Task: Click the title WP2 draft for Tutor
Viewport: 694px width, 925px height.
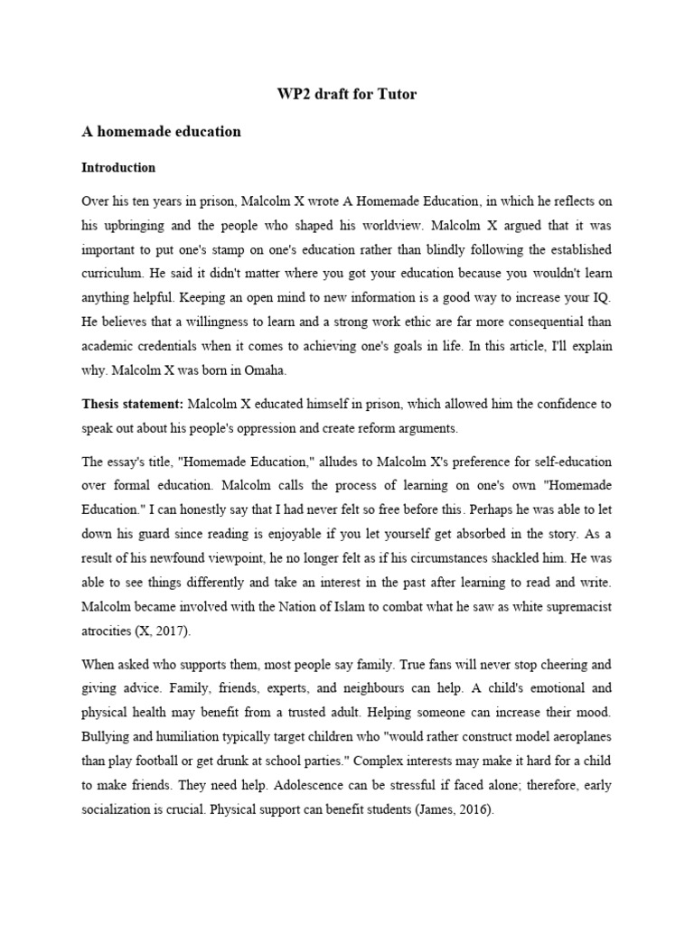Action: pos(346,94)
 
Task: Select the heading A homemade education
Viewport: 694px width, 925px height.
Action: pos(162,132)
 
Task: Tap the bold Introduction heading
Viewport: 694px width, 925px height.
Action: pos(118,168)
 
